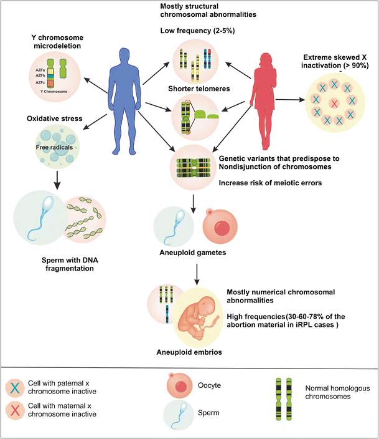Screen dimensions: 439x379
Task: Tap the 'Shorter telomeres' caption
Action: (x=196, y=87)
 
